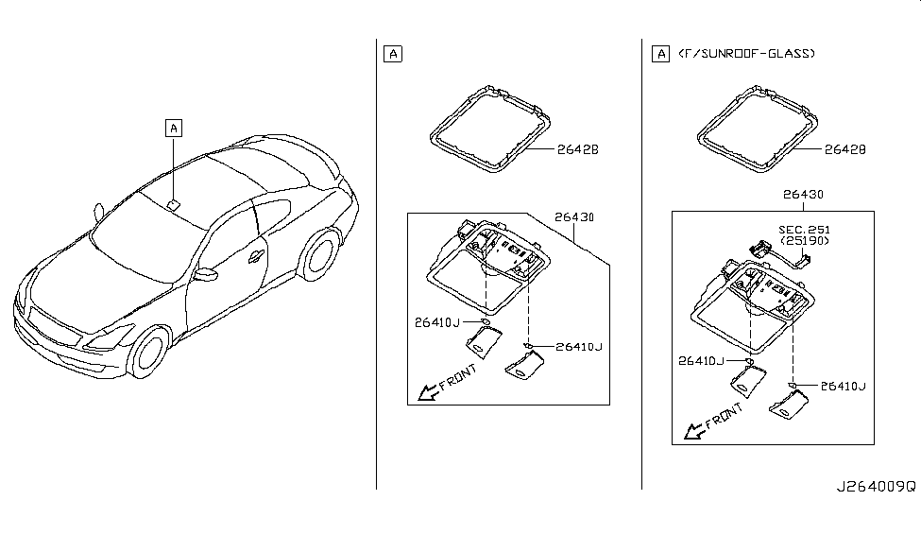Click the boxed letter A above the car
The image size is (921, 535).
tap(173, 127)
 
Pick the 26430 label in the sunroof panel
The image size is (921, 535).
tap(803, 195)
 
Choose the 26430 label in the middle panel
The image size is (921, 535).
tap(573, 217)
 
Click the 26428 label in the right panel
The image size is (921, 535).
tap(844, 149)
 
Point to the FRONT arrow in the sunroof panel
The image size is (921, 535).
tap(711, 423)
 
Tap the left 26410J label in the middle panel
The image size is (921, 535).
tap(436, 322)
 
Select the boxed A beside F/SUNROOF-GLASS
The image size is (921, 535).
tap(659, 54)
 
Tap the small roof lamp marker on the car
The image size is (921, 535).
tap(173, 201)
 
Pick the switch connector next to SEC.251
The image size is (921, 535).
tap(759, 248)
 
